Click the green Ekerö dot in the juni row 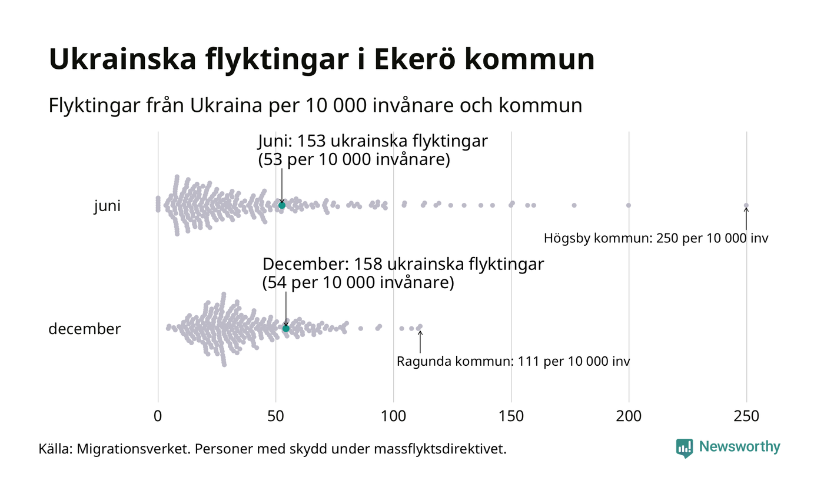[282, 205]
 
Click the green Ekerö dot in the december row [286, 328]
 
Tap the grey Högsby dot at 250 [746, 205]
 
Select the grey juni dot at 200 [629, 205]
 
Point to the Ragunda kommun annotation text [513, 361]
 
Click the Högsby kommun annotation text [656, 239]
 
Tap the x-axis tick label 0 [158, 416]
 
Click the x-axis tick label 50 [275, 416]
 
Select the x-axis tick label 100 [393, 416]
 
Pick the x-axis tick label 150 [511, 416]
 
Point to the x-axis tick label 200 [629, 416]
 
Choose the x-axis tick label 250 [746, 416]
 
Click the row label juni [107, 206]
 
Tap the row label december [84, 329]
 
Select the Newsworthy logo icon [685, 448]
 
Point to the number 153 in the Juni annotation [311, 142]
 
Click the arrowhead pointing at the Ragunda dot [420, 333]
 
